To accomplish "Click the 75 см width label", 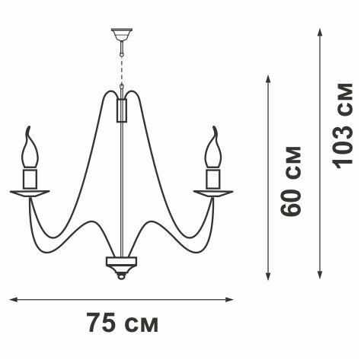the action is pos(123,323).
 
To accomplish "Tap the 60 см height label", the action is pos(291,181).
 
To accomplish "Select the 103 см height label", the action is pos(343,126).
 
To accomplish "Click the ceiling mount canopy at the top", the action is pos(122,34).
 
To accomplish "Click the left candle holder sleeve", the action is pos(30,179).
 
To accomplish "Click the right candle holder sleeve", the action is pos(213,179).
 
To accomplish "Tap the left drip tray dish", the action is pos(30,193).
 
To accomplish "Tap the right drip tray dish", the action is pos(213,193).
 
